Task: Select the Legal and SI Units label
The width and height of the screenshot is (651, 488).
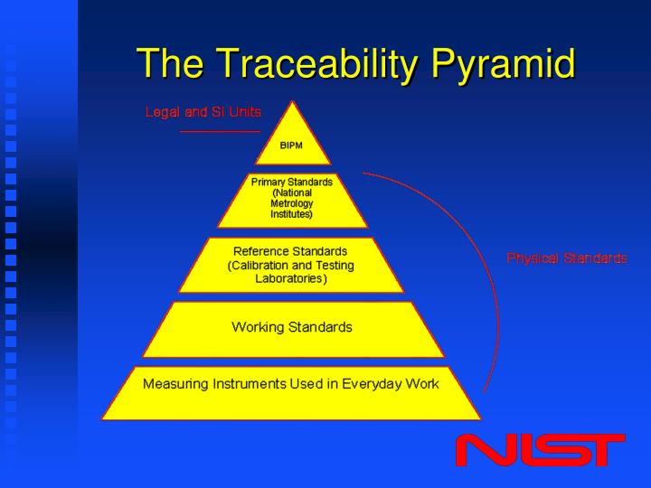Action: (203, 112)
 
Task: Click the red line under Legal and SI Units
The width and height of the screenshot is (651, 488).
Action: (220, 132)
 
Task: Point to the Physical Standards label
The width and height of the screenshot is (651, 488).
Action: (567, 258)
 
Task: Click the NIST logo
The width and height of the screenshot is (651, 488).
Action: (540, 451)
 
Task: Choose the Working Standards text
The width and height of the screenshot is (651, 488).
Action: (291, 326)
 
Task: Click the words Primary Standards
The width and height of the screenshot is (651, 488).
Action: (291, 182)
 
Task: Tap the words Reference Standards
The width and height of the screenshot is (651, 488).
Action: (290, 250)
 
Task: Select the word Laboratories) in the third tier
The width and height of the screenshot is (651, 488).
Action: (291, 279)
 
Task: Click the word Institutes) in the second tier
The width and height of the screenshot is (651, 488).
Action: (291, 215)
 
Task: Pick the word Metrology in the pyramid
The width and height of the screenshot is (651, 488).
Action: (291, 204)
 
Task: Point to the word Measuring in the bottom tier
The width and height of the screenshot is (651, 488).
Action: (175, 383)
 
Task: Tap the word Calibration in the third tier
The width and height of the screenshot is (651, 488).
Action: (263, 265)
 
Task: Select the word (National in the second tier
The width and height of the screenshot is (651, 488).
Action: (291, 192)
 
